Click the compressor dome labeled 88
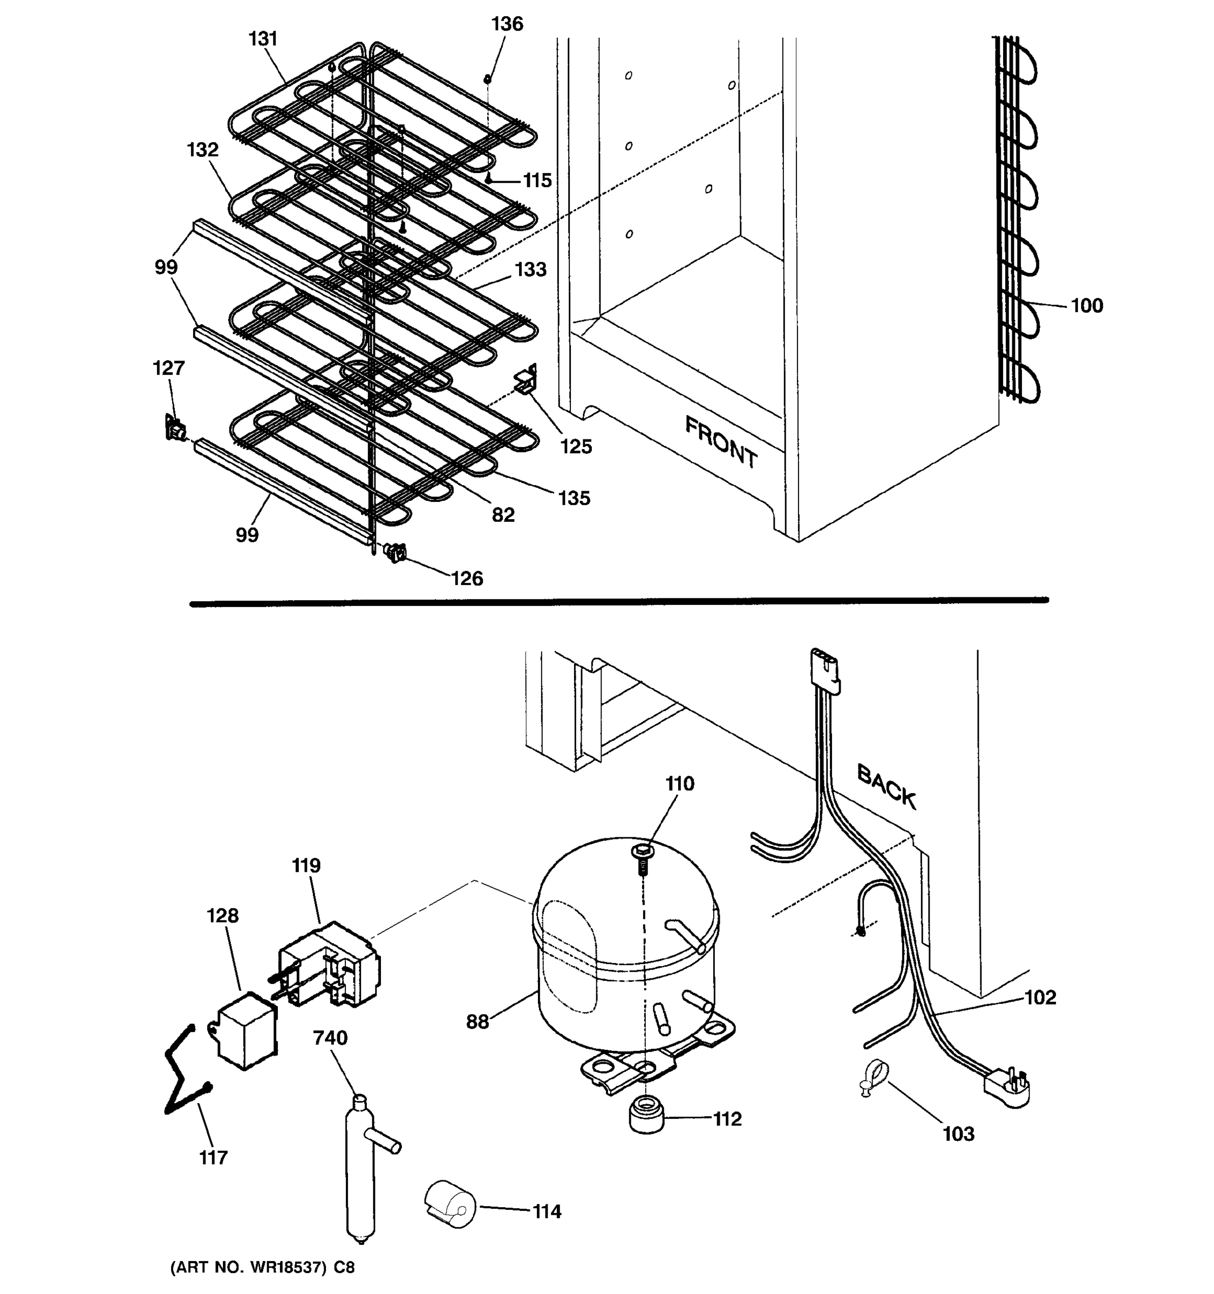click(x=625, y=937)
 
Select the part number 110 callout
click(x=679, y=784)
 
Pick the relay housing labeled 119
click(x=331, y=965)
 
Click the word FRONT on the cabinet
click(x=721, y=442)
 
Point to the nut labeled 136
click(x=487, y=79)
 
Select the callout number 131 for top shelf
click(x=263, y=39)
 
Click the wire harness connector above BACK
click(x=824, y=669)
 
